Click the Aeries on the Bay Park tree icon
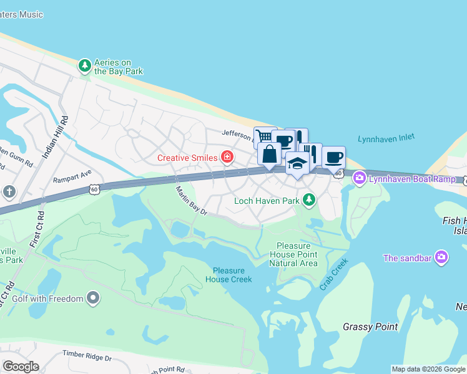point(85,65)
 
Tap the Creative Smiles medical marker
point(227,157)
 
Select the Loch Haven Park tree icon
point(308,200)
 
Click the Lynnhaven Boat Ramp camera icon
point(360,179)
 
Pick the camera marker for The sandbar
point(441,257)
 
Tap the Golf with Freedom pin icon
point(94,299)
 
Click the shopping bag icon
point(269,153)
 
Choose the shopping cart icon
point(264,137)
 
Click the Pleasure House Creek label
point(232,275)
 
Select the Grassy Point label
point(367,327)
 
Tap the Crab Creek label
point(333,275)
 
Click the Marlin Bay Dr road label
point(191,201)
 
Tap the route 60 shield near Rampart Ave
point(94,188)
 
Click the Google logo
point(21,367)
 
